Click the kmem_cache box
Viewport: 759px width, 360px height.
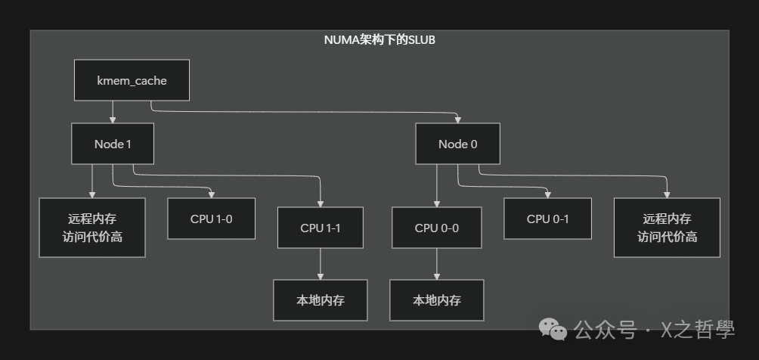[x=132, y=79]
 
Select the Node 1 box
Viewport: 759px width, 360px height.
[x=113, y=144]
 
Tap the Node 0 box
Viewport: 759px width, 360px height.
[x=457, y=144]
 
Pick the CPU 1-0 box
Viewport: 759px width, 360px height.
[x=212, y=219]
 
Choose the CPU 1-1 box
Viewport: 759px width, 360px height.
[x=321, y=228]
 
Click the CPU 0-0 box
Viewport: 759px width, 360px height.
[x=436, y=228]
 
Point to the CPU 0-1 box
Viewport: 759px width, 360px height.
[x=547, y=219]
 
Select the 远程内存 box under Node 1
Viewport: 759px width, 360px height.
[x=92, y=228]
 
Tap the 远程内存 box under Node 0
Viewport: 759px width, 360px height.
[x=667, y=228]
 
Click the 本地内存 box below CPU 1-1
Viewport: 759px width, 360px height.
[x=321, y=300]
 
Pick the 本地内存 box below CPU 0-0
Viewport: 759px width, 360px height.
[x=436, y=300]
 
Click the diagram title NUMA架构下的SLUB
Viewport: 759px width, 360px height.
[x=379, y=40]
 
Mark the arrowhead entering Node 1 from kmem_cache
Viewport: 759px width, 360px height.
[x=113, y=119]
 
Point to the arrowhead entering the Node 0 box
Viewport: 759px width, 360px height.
[x=457, y=119]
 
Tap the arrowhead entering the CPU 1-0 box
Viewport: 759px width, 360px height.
[x=212, y=194]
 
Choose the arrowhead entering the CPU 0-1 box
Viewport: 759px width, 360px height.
[x=547, y=194]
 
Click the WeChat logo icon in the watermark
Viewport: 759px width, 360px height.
[x=553, y=329]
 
